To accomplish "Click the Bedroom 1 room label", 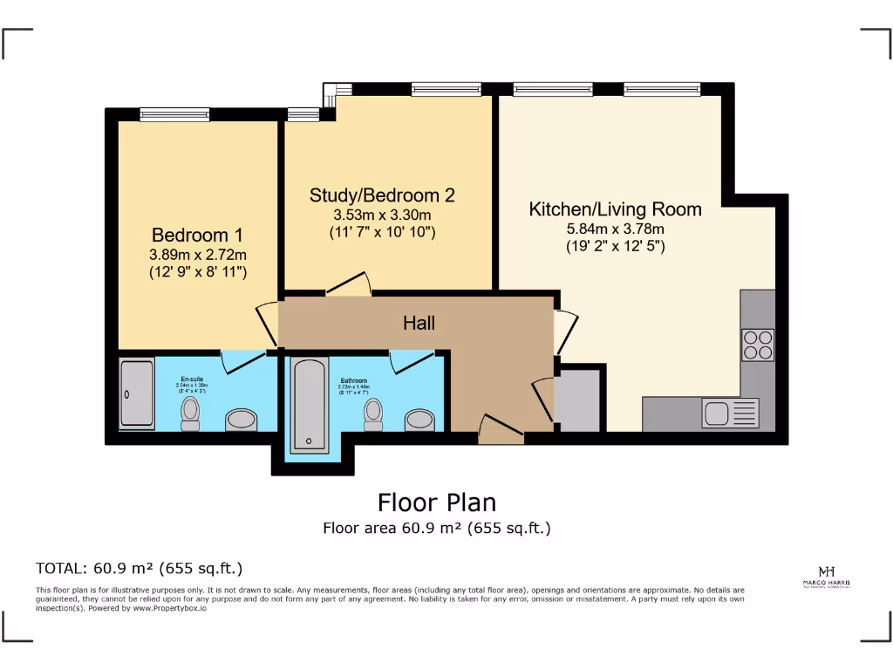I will pos(197,236).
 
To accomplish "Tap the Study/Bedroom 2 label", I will pos(382,195).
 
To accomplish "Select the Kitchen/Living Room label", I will pos(616,209).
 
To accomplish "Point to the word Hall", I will pos(419,324).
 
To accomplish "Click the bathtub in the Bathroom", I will pos(309,406).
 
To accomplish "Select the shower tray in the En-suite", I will pos(137,394).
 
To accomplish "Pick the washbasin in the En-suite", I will pos(241,420).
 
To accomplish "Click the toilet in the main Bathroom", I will pos(373,414).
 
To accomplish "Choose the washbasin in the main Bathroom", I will pos(420,420).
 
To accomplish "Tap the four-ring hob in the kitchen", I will pos(757,344).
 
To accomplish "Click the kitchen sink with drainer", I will pos(730,413).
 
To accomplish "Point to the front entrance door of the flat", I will pos(501,430).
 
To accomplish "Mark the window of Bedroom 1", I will pos(174,113).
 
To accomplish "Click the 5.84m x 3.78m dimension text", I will pos(615,229).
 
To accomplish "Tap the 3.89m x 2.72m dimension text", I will pos(197,255).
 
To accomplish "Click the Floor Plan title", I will pos(436,502).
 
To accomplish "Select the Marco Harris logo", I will pos(828,576).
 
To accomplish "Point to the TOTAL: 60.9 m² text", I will pos(139,568).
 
